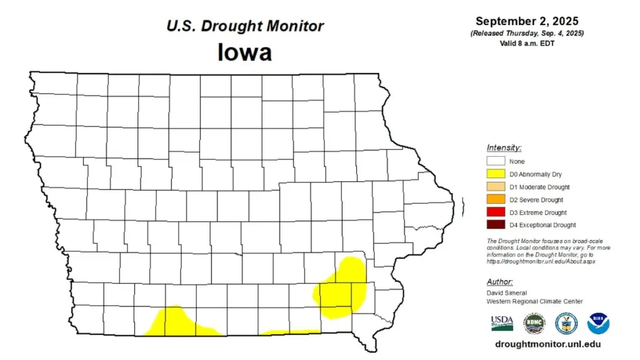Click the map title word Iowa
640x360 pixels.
244,52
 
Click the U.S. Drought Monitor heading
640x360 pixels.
244,26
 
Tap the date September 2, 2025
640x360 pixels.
527,21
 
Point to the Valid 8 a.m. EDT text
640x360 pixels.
527,42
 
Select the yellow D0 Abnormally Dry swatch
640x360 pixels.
496,174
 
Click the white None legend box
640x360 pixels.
496,161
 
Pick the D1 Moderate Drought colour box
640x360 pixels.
496,187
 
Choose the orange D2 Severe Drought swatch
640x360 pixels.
496,199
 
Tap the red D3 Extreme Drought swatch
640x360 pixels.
496,212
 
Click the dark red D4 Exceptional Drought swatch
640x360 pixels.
496,225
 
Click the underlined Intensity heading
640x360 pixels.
504,147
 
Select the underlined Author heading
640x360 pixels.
500,281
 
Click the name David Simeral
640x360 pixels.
507,292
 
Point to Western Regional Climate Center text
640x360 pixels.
534,301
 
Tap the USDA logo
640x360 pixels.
502,322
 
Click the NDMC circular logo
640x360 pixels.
534,323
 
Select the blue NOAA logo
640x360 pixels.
598,323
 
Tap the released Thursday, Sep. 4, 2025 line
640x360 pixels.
527,32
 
